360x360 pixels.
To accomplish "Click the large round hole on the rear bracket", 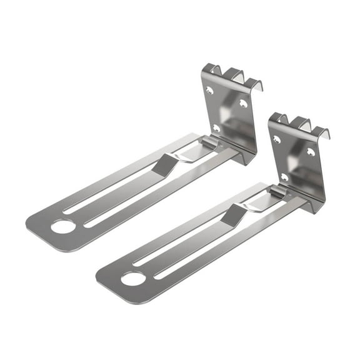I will coord(62,226).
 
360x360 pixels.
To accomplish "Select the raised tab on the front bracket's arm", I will coord(235,214).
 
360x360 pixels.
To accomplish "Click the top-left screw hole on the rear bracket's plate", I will coord(209,91).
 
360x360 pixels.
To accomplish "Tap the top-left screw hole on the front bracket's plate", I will coord(276,139).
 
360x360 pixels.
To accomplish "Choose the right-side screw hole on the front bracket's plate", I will coord(311,151).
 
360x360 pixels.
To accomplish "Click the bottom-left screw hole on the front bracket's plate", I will coord(284,177).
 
